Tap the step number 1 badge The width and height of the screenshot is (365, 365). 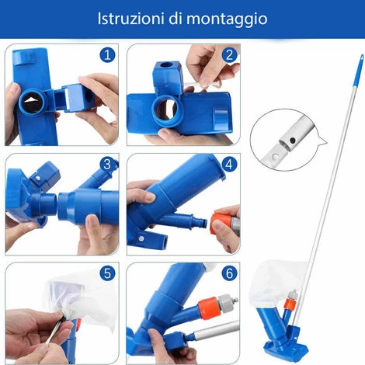point(108,56)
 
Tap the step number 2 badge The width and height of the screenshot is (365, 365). point(228,55)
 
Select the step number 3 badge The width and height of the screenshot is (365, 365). point(108,165)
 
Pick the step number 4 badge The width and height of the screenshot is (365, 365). point(228,165)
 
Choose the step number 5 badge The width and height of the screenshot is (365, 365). point(108,273)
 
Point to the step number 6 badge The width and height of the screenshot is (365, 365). point(228,273)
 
